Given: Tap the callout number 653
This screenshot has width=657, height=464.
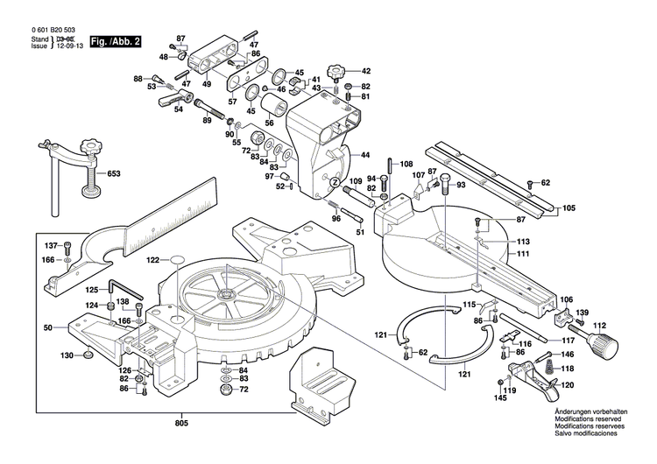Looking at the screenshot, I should click(113, 174).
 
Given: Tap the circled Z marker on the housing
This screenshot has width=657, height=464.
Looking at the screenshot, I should click(335, 182).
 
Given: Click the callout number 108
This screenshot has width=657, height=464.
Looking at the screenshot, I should click(406, 164).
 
